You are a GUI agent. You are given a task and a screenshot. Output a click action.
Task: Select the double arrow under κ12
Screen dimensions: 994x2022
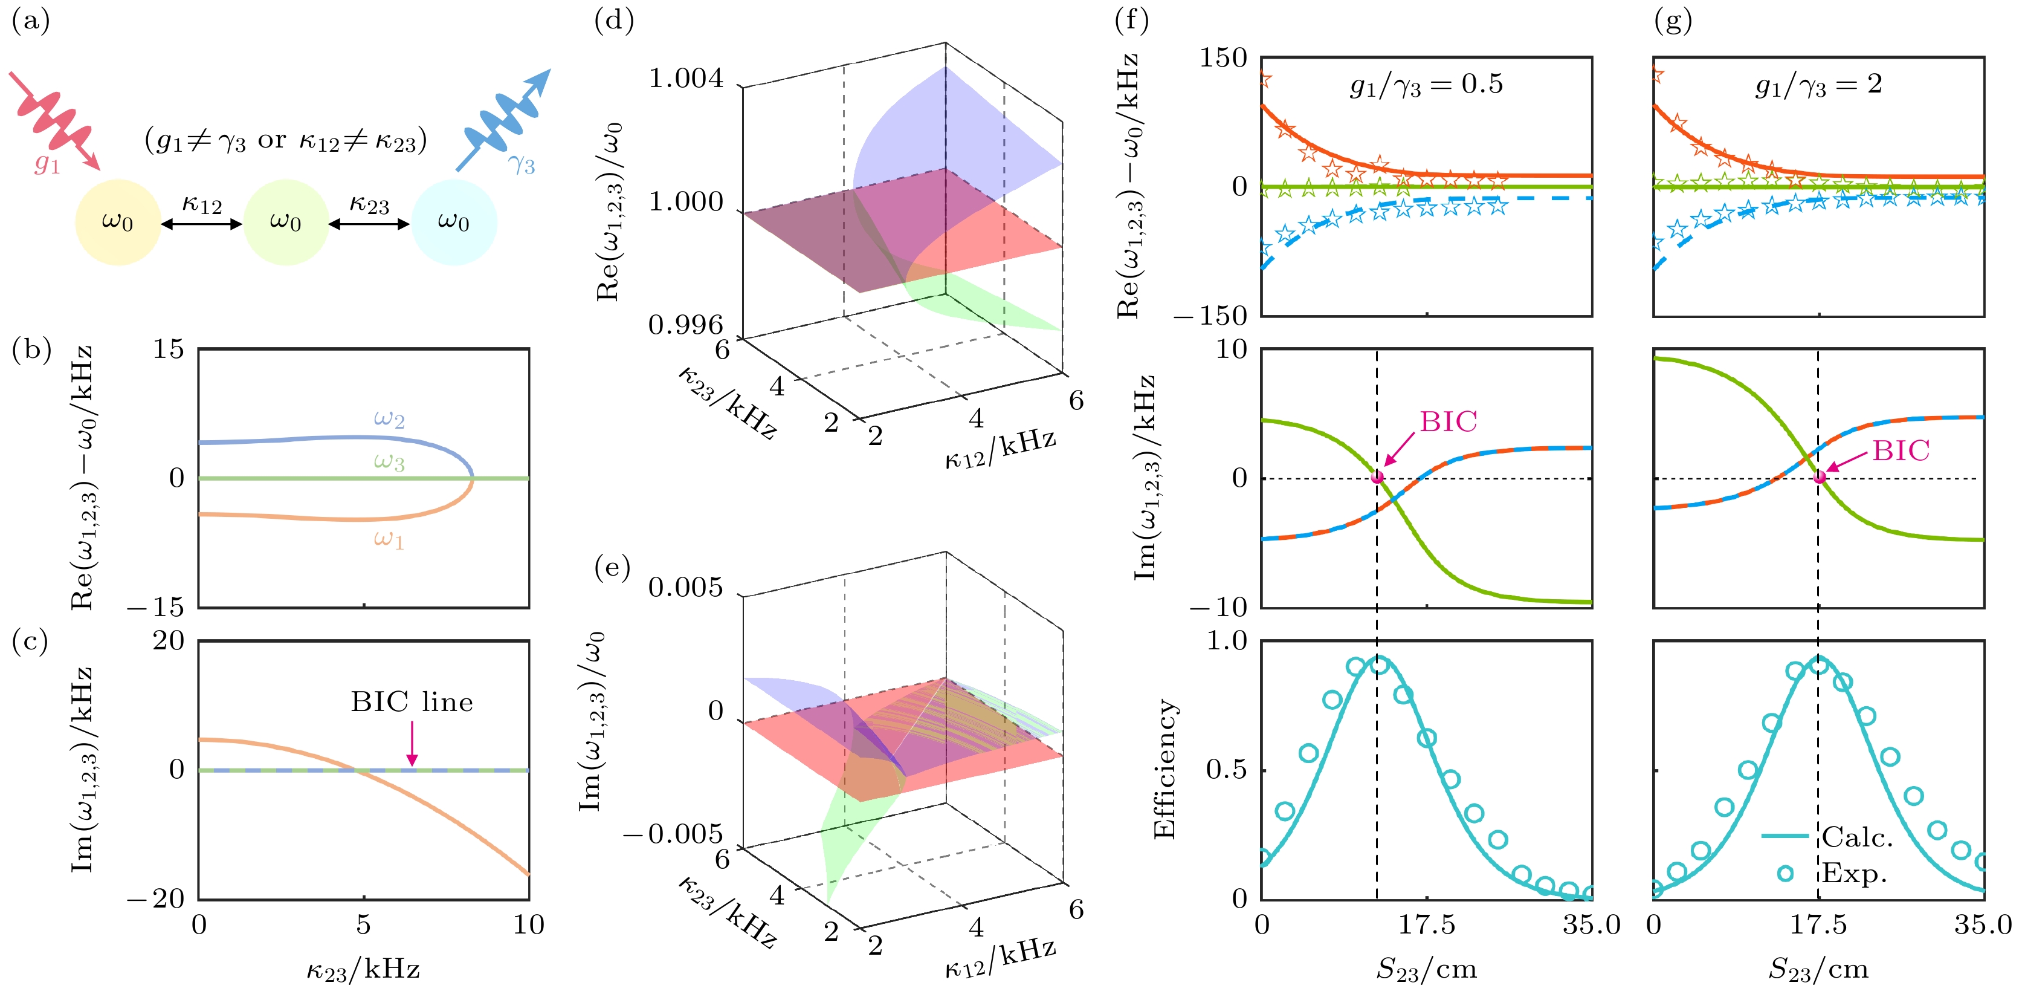tap(202, 224)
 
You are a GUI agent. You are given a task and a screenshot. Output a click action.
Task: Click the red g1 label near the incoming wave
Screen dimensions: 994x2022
tap(47, 163)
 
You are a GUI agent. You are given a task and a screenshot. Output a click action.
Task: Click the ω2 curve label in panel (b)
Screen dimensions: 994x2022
tap(389, 418)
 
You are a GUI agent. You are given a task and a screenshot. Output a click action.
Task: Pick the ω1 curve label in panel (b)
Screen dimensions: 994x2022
tap(389, 539)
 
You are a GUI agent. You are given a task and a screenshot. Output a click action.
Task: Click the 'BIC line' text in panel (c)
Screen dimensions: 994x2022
tap(412, 702)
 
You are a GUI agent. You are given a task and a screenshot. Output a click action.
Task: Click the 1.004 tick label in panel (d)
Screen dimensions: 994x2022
tap(685, 79)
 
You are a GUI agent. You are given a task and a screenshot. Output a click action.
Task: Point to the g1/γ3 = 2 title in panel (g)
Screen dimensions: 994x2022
tap(1818, 85)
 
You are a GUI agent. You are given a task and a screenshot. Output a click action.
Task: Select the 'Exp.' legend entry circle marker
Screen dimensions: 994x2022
tap(1785, 873)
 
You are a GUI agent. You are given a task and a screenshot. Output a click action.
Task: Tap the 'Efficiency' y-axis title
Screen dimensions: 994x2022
tap(1165, 770)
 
